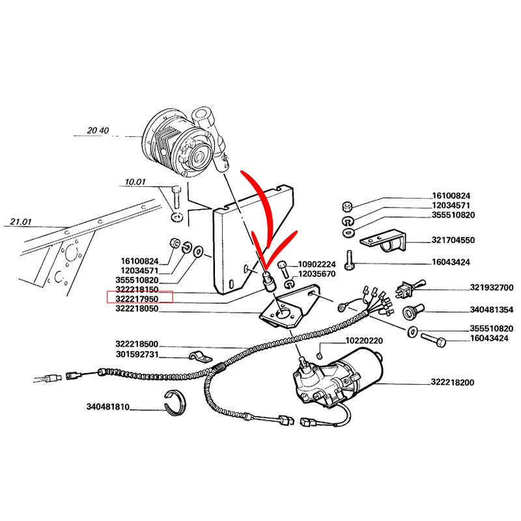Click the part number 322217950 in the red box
point(137,298)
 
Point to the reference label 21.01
point(21,223)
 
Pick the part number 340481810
point(108,407)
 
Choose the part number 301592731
point(137,355)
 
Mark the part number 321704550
point(454,240)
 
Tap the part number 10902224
point(317,264)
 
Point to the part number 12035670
point(317,274)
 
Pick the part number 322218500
point(137,344)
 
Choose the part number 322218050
point(137,309)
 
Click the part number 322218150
point(137,289)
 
